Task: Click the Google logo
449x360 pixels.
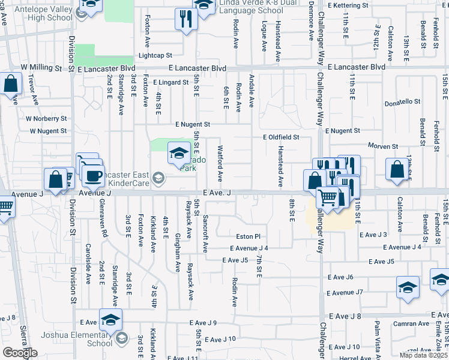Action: [20, 353]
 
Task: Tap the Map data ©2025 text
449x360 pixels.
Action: [423, 355]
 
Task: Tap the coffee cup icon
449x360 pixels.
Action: [93, 175]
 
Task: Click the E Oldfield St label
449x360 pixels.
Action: [281, 137]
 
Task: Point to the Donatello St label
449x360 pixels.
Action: [402, 102]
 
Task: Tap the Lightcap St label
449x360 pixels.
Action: [155, 55]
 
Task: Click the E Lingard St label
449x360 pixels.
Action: [170, 82]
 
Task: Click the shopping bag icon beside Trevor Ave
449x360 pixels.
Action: [11, 84]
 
